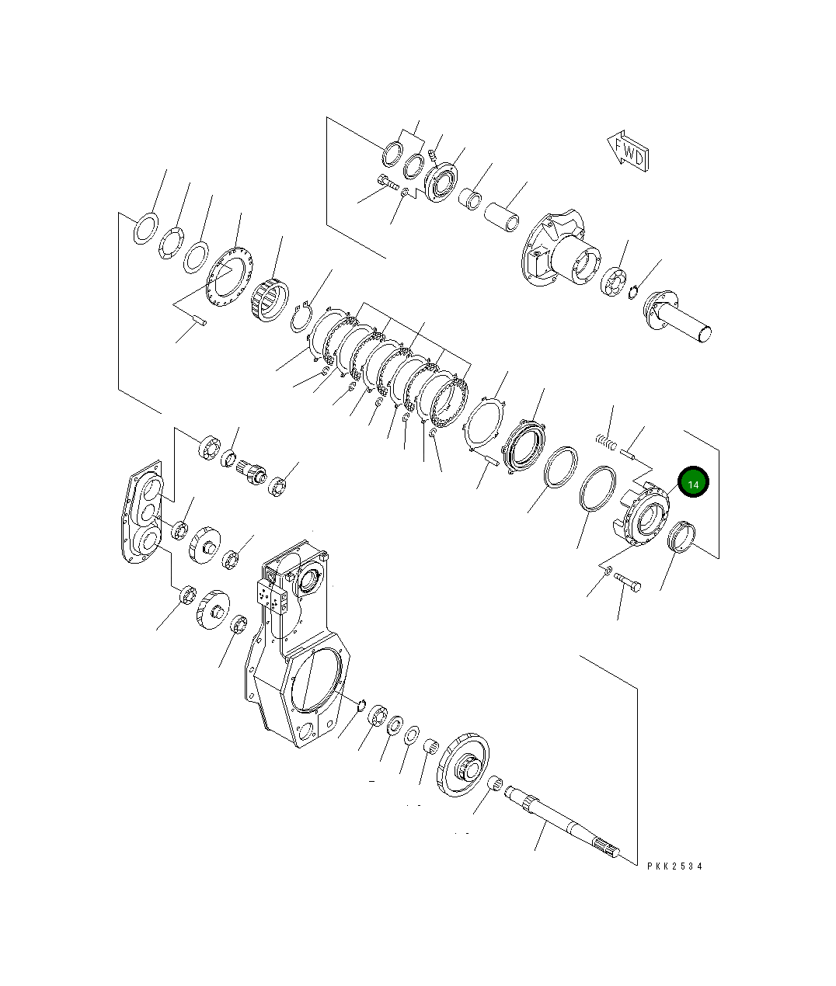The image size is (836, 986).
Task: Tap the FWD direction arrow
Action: (628, 153)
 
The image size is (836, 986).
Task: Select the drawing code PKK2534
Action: (674, 866)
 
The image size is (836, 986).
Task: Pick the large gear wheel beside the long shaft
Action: (465, 764)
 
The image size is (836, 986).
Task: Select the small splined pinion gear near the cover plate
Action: (253, 470)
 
